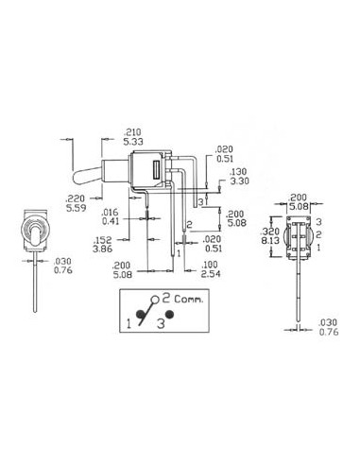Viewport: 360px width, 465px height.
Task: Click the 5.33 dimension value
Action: [x=133, y=142]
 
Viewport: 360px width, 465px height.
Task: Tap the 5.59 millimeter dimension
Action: [x=76, y=208]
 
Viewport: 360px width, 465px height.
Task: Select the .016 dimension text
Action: [x=111, y=212]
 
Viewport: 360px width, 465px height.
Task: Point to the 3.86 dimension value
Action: [x=103, y=249]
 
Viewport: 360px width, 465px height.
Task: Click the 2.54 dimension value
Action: [x=211, y=274]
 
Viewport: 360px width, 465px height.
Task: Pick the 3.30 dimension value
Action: [x=239, y=181]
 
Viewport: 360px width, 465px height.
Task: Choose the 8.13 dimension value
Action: [x=270, y=240]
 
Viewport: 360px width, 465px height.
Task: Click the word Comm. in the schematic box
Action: [x=189, y=299]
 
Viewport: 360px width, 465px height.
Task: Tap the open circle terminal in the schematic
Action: [x=155, y=300]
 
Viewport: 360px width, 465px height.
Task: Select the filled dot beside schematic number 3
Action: [x=170, y=314]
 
